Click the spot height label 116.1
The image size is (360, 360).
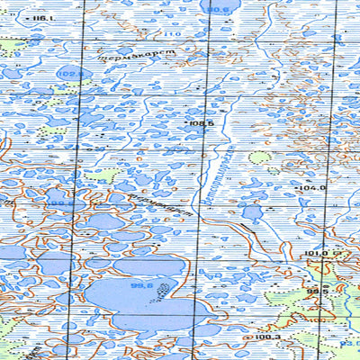coord(40,17)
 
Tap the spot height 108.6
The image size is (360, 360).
coord(201,122)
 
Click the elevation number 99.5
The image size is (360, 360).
coord(315,292)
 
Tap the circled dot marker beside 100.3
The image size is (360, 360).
coord(248,337)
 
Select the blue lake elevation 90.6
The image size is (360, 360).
coord(218,10)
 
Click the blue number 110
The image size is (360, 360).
coord(171,34)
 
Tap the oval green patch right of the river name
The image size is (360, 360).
coord(259,157)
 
